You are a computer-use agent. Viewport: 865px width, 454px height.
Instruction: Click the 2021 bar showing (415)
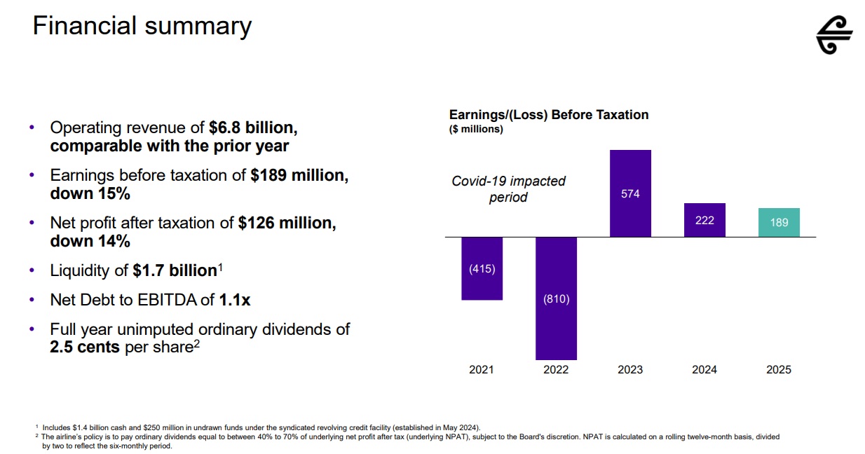pyautogui.click(x=482, y=268)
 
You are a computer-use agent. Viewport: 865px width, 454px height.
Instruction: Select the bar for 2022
pyautogui.click(x=556, y=298)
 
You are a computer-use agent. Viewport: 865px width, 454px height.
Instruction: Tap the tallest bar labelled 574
pyautogui.click(x=630, y=193)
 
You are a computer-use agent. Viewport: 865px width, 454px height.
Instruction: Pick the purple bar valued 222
pyautogui.click(x=704, y=220)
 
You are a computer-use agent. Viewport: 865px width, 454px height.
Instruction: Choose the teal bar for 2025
pyautogui.click(x=779, y=223)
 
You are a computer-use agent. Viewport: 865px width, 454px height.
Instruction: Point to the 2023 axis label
pyautogui.click(x=630, y=369)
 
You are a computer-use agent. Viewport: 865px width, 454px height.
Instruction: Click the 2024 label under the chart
pyautogui.click(x=704, y=369)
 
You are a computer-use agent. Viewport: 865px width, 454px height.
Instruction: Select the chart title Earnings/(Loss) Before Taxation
pyautogui.click(x=548, y=115)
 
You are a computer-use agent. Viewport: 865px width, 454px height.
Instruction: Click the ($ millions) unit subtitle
pyautogui.click(x=476, y=129)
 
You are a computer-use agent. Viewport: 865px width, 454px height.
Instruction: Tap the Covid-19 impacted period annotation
pyautogui.click(x=508, y=189)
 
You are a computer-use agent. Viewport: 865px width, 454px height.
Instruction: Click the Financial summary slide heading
pyautogui.click(x=142, y=27)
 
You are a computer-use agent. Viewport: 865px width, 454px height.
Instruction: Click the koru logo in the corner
pyautogui.click(x=834, y=35)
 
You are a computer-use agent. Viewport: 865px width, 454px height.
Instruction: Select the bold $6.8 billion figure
pyautogui.click(x=254, y=128)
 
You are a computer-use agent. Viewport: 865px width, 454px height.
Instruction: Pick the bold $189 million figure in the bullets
pyautogui.click(x=299, y=176)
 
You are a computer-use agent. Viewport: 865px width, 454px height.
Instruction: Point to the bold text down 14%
pyautogui.click(x=90, y=241)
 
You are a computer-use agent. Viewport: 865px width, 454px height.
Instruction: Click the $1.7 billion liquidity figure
pyautogui.click(x=175, y=270)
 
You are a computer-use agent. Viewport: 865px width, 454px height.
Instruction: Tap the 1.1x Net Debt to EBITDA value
pyautogui.click(x=234, y=300)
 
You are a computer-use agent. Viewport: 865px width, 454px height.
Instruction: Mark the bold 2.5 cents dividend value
pyautogui.click(x=85, y=347)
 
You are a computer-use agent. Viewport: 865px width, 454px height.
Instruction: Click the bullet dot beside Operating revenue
pyautogui.click(x=32, y=128)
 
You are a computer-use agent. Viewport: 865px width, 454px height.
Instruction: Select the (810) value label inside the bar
pyautogui.click(x=556, y=299)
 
